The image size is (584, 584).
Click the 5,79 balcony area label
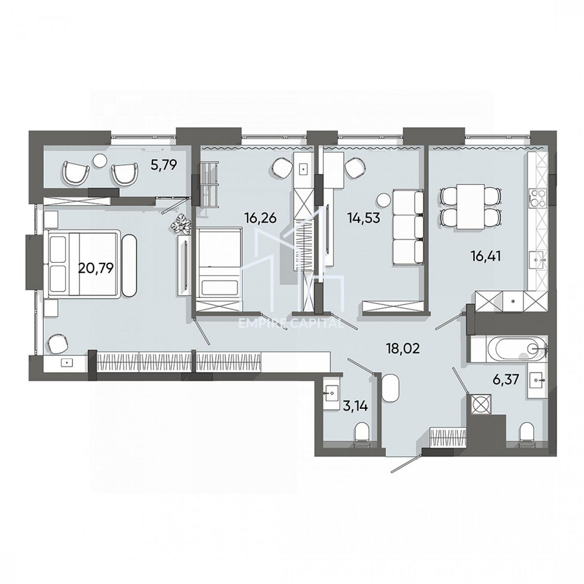tap(164, 164)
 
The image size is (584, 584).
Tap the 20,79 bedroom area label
tap(96, 267)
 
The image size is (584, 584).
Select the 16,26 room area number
tap(260, 217)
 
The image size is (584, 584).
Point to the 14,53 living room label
tap(363, 217)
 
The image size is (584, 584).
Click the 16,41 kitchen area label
tap(485, 256)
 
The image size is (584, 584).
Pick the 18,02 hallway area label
tap(403, 349)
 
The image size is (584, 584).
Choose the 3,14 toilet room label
tap(355, 406)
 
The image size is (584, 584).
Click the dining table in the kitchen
tap(470, 206)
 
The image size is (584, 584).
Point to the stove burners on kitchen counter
tap(537, 198)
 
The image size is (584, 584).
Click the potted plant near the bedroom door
tap(182, 225)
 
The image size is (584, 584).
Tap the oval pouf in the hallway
tap(390, 388)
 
